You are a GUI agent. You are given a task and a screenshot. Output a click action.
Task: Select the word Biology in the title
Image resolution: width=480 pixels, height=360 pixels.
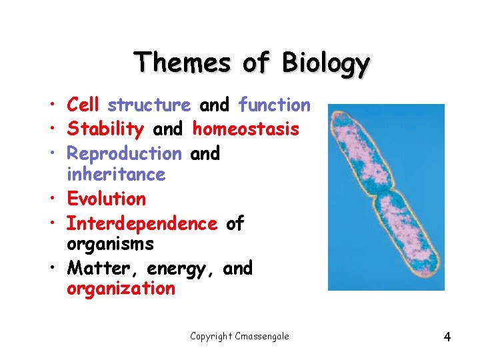(325, 63)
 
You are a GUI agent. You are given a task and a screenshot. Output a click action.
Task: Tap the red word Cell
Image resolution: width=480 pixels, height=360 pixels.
(83, 105)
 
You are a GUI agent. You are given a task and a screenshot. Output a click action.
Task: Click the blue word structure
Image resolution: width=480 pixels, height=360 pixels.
(149, 105)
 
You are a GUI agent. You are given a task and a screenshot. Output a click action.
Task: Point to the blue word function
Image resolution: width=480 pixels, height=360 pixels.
(274, 105)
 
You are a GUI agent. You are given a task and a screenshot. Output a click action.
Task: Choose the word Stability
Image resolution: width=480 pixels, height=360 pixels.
(105, 129)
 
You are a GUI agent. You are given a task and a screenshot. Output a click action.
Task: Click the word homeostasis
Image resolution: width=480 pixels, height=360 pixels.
(245, 129)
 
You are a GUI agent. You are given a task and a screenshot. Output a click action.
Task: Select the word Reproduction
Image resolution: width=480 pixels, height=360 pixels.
(124, 153)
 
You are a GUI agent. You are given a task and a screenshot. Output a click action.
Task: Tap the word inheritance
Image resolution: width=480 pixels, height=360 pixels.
(115, 175)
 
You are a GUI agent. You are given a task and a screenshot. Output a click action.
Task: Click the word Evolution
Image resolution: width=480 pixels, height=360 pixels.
(106, 199)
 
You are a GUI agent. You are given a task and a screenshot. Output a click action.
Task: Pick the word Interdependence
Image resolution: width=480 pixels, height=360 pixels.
(142, 223)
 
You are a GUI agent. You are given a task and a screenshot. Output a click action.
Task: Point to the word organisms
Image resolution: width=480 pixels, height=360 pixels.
(110, 245)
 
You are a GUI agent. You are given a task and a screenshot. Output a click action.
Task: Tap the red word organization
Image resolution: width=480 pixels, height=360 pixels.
(121, 289)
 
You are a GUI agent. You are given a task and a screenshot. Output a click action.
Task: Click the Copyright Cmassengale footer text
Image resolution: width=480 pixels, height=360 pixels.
(239, 336)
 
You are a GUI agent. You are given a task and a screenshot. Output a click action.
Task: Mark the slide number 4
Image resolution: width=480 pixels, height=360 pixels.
(447, 337)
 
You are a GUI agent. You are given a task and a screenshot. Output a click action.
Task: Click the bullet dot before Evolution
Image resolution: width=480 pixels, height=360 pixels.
(51, 199)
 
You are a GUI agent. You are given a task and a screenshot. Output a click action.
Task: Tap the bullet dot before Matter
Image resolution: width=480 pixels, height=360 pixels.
(51, 269)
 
